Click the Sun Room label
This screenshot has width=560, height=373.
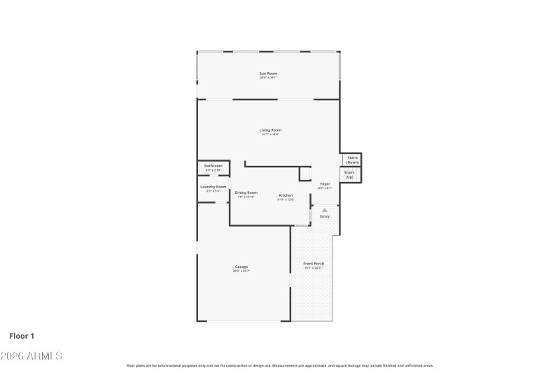[x=269, y=73]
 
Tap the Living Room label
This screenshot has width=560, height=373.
[x=270, y=130]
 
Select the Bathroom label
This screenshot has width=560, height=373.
[x=213, y=166]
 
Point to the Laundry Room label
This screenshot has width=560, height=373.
[x=213, y=187]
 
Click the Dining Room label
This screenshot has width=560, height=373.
[x=246, y=192]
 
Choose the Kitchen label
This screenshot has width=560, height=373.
[x=286, y=195]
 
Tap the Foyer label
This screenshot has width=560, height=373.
[x=325, y=184]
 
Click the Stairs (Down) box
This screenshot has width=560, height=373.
[x=352, y=160]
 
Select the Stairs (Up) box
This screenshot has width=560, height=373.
[x=349, y=174]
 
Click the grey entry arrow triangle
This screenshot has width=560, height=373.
[x=324, y=209]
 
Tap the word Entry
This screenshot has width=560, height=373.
[x=325, y=216]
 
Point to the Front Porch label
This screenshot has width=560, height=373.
[x=314, y=264]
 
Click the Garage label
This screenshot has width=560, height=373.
[x=241, y=267]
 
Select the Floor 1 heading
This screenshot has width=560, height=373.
[x=22, y=336]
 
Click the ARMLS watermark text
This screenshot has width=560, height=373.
[x=31, y=356]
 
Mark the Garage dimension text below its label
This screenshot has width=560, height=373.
[x=241, y=271]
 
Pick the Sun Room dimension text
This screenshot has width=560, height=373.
[x=269, y=78]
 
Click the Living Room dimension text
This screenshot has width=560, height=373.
[x=270, y=134]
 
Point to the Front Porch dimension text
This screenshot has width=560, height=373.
[x=314, y=268]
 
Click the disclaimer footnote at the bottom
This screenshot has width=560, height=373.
[x=280, y=365]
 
